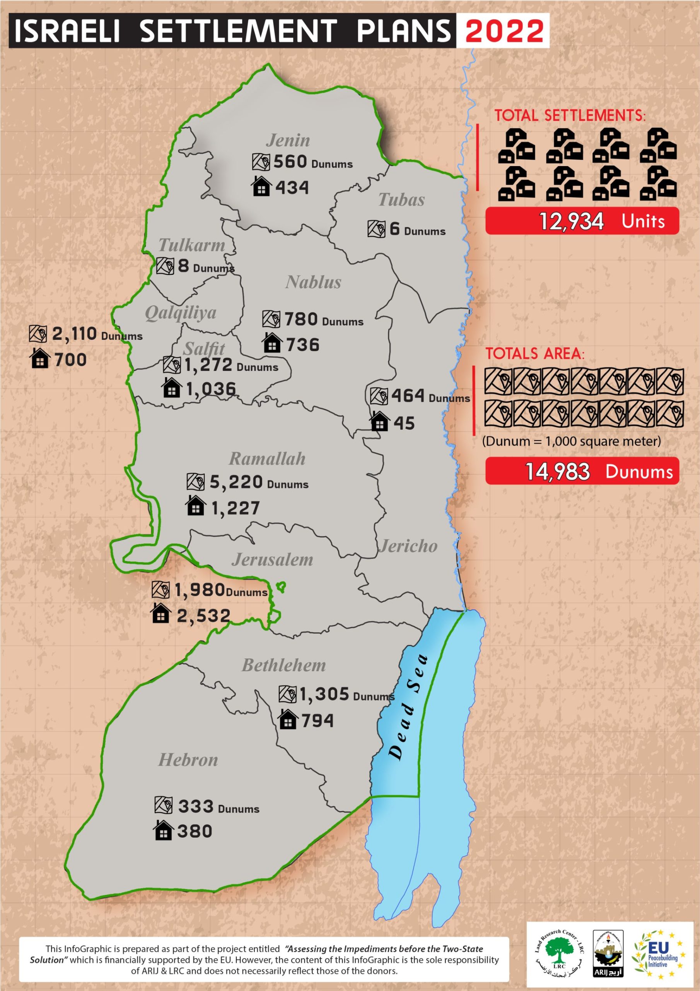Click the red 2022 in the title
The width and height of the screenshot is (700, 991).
(504, 31)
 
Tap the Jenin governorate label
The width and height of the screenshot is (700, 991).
(288, 140)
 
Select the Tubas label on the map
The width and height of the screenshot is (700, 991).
(401, 200)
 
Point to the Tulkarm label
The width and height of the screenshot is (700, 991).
(192, 245)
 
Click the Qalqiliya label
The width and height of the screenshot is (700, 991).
(181, 312)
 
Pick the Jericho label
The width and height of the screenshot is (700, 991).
(408, 546)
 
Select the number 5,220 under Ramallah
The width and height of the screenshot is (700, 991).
(236, 482)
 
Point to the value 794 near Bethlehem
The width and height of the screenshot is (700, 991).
(318, 720)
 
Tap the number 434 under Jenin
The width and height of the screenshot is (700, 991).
(292, 188)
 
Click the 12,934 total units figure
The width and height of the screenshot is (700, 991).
(572, 221)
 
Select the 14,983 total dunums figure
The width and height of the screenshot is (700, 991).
(557, 471)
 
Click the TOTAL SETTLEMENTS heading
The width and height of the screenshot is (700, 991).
(570, 116)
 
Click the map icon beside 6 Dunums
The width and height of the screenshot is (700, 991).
(376, 229)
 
